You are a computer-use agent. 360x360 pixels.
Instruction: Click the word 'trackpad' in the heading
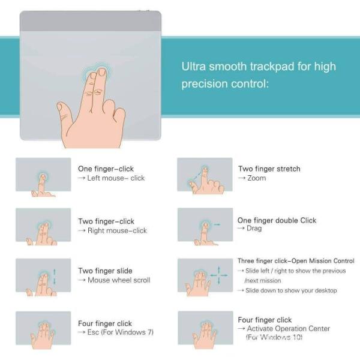coord(272,67)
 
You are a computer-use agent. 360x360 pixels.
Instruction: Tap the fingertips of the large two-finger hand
coord(97,73)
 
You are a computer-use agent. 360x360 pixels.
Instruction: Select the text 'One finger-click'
coord(106,169)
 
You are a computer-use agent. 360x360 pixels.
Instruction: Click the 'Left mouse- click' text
coord(116,178)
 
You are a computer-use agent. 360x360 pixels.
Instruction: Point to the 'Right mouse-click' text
coord(117,230)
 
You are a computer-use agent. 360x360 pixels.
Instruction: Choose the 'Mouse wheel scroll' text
coord(119,280)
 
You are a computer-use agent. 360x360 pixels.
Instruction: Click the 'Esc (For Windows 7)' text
coord(121,332)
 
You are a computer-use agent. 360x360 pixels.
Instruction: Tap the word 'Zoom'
coord(256,178)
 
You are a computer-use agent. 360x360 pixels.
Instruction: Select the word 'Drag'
coord(254,229)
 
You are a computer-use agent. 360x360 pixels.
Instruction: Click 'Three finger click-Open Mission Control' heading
coord(296,261)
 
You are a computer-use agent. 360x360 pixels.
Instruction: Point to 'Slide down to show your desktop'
coord(291,290)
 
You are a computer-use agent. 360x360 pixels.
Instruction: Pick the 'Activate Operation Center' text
coord(289,329)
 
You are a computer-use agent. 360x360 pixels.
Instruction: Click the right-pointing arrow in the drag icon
coord(217,224)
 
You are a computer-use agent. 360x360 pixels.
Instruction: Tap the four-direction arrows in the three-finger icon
coord(219,275)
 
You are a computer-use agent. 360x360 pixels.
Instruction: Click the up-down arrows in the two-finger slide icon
coord(55,277)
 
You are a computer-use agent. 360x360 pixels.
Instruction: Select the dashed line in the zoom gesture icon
coord(196,176)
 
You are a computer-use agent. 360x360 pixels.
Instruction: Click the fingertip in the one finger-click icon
coord(43,177)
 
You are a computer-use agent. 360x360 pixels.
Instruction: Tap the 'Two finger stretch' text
coord(269,169)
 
